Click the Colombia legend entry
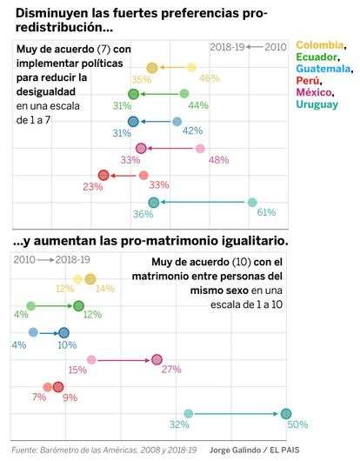click(x=320, y=45)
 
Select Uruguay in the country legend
click(x=317, y=104)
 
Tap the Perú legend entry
click(x=308, y=80)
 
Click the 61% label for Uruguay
click(x=266, y=212)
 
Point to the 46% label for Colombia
click(x=210, y=78)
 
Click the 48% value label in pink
click(x=218, y=160)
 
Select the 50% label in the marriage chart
click(x=297, y=424)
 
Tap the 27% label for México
click(x=171, y=370)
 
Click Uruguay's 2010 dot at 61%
click(x=252, y=203)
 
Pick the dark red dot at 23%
click(x=103, y=175)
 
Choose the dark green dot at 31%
click(x=133, y=94)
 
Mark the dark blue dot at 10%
click(x=63, y=333)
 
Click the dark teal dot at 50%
click(x=286, y=414)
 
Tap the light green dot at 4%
click(x=30, y=306)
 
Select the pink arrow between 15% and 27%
click(x=123, y=360)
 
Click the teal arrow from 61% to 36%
click(x=203, y=202)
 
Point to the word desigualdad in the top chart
click(x=46, y=91)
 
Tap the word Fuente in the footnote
click(x=23, y=450)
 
